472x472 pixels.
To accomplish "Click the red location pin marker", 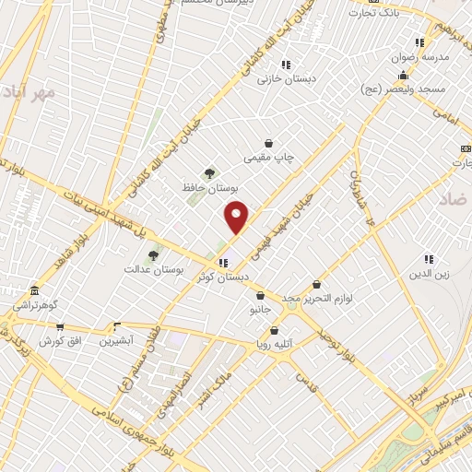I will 237,217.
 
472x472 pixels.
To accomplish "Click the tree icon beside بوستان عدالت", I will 153,255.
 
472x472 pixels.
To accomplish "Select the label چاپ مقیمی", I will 268,158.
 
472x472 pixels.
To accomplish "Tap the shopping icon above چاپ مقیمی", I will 268,143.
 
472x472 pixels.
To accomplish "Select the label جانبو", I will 261,311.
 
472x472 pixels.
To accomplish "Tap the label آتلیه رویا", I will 275,345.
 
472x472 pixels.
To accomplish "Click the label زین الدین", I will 429,274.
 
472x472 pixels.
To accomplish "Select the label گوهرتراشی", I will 35,303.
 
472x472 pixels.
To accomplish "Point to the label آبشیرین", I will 116,340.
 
